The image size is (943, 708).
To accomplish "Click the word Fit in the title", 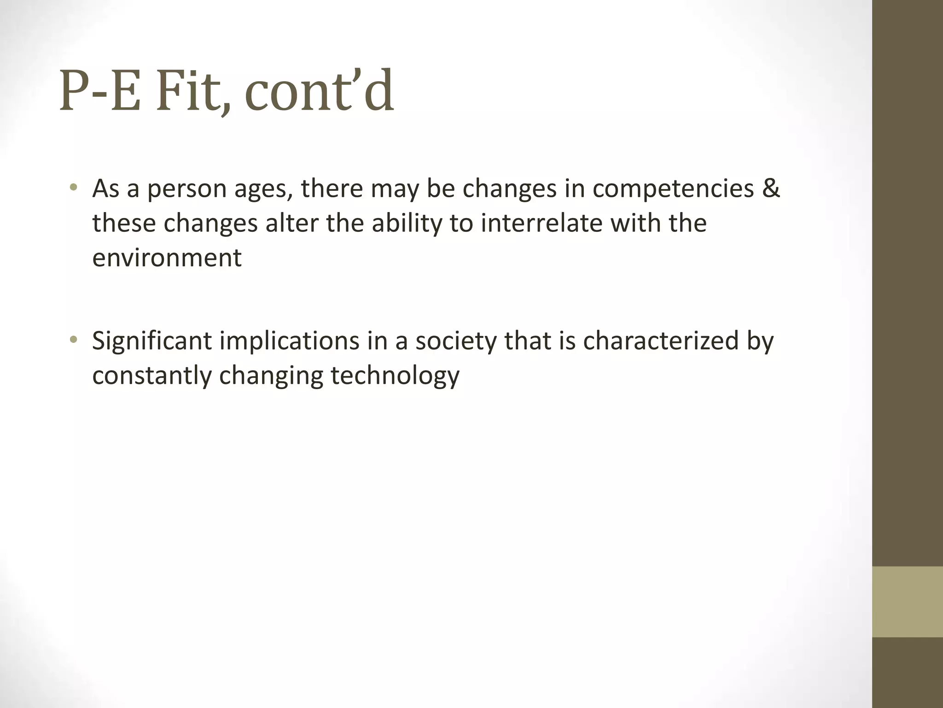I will (x=191, y=91).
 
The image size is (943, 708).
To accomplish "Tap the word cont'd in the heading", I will (x=319, y=91).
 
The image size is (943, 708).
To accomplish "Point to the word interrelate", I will (x=541, y=223).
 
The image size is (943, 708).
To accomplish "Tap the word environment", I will (x=167, y=257).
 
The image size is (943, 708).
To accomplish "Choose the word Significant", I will (x=152, y=342).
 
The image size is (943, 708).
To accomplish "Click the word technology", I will (x=395, y=376).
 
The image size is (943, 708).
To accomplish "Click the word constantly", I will (x=151, y=376).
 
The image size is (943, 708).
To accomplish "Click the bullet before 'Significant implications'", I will (x=73, y=341).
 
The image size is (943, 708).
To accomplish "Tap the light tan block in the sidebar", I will (x=907, y=602).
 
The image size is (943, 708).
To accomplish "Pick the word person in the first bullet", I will (x=187, y=189).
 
